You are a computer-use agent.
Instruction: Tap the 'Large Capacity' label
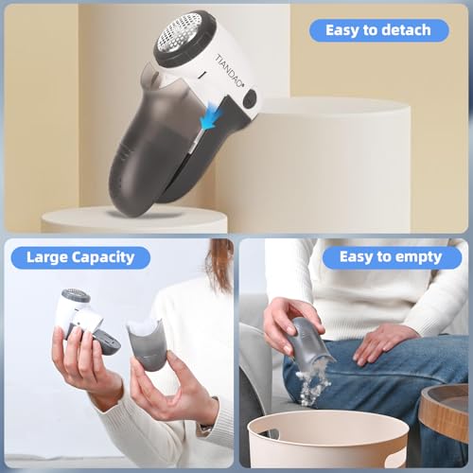point(80,256)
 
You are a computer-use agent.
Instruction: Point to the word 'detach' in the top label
point(408,29)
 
